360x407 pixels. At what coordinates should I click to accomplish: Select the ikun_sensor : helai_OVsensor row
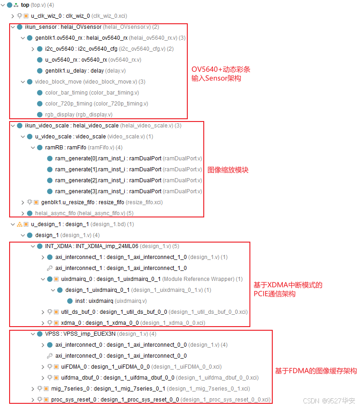(63, 27)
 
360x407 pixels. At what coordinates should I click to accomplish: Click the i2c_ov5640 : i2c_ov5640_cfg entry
(81, 49)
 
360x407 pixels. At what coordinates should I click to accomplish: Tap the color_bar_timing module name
(67, 93)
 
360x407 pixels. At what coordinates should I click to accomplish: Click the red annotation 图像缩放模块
(228, 170)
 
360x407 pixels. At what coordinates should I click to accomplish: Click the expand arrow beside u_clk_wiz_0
(13, 16)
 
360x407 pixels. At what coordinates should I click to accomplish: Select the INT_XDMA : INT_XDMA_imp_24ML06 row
(91, 246)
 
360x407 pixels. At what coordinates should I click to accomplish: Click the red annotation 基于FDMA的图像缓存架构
(316, 371)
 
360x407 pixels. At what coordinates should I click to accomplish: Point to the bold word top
(25, 5)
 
